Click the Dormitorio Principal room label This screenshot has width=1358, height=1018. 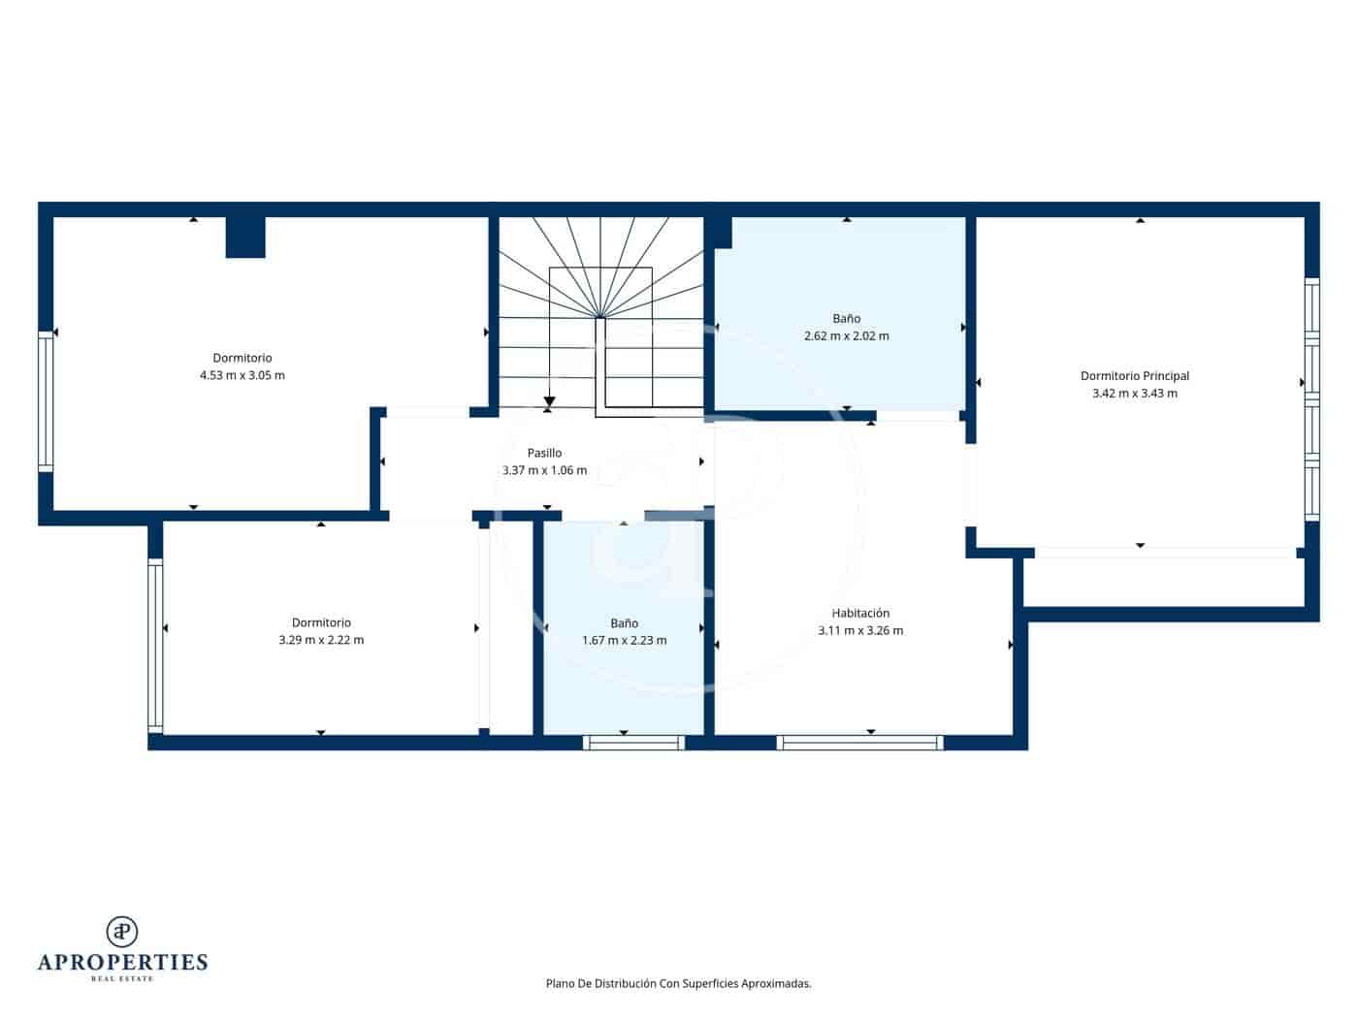(1134, 376)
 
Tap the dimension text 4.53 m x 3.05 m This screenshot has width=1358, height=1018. (242, 375)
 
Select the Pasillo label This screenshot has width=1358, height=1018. (544, 453)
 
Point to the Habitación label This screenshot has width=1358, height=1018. (860, 613)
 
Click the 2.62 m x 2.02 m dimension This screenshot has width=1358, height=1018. (846, 336)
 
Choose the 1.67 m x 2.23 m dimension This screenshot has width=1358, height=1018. (624, 640)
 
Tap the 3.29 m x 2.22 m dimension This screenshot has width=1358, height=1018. (321, 640)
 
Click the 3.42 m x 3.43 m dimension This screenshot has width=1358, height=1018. (1134, 394)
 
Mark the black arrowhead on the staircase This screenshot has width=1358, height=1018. (549, 400)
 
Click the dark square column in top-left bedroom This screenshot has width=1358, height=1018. (245, 238)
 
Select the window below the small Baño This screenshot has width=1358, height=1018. (633, 743)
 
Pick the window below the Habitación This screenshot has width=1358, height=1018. (859, 743)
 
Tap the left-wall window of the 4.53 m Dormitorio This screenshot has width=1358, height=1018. (46, 401)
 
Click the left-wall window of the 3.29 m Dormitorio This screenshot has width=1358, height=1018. (154, 645)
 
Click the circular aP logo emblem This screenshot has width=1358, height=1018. (122, 932)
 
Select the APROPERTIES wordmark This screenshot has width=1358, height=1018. (122, 963)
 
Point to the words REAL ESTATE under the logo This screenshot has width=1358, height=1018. (122, 979)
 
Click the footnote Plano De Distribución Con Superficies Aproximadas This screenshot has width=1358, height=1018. (678, 983)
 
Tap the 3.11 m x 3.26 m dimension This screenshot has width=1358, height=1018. (860, 630)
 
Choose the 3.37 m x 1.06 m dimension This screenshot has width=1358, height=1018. (544, 470)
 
